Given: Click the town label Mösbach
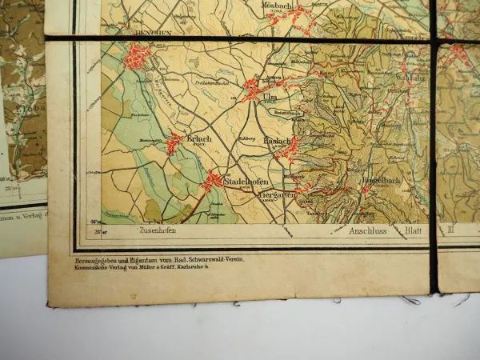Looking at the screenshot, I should [x=277, y=3].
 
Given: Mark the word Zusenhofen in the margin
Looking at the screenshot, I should [x=158, y=231].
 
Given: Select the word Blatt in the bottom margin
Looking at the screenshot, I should [x=414, y=231].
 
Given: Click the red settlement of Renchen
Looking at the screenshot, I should [x=137, y=56].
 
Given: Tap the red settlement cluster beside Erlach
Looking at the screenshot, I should [x=174, y=142].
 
